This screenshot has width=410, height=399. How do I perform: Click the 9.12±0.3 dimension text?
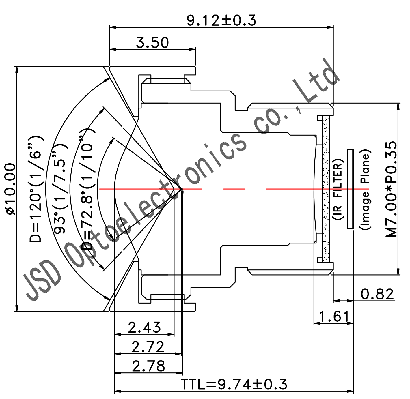[x=221, y=20]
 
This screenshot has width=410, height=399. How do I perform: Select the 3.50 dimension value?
[x=152, y=42]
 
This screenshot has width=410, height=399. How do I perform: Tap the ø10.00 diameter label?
[x=10, y=189]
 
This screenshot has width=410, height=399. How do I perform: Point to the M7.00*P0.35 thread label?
[x=392, y=189]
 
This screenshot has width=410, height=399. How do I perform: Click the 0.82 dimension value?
[x=377, y=294]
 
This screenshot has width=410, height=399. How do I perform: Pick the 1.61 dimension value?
[x=334, y=316]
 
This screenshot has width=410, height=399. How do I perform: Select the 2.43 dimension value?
[x=144, y=327]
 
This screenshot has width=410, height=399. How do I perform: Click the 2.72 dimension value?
[x=148, y=347]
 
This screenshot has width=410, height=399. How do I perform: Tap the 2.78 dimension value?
[x=148, y=366]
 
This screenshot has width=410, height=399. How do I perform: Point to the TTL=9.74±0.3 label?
[x=234, y=384]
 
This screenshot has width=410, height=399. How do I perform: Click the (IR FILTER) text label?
[x=338, y=189]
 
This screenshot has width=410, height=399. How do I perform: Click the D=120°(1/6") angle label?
[x=36, y=189]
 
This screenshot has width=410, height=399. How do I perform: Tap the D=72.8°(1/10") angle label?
[x=87, y=189]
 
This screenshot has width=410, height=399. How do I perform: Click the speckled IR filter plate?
[x=326, y=189]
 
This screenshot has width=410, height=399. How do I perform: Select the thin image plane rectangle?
[x=350, y=189]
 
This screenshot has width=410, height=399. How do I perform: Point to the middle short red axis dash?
[x=234, y=189]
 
